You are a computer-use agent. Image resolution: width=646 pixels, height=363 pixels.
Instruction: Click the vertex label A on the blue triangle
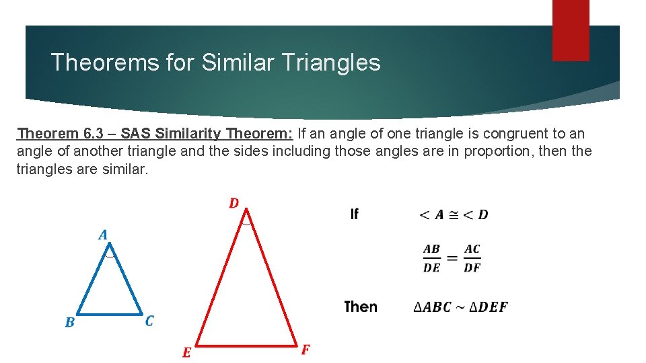coord(103,235)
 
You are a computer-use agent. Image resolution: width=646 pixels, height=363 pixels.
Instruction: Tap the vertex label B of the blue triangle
coord(70,323)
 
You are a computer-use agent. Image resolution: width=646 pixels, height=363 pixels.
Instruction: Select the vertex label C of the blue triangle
coord(149,321)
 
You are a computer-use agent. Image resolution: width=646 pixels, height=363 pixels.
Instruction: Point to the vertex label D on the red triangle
coord(234,203)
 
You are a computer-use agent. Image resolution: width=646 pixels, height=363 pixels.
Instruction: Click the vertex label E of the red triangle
coord(186,353)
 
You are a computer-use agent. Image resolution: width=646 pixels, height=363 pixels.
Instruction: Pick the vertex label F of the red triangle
coord(305,350)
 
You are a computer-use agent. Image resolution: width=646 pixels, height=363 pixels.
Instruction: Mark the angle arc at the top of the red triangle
coord(247,220)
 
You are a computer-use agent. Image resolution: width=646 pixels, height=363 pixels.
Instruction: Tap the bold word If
coord(354,214)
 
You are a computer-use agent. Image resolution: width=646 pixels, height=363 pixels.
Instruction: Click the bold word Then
coord(361,307)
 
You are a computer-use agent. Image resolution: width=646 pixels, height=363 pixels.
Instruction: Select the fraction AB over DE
coord(431,258)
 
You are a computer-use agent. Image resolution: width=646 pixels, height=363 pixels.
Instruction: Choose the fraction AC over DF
coord(472,258)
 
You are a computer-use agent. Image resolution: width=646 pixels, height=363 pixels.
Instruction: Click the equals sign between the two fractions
coord(452,259)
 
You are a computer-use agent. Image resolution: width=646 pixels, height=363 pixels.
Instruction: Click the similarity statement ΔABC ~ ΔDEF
coord(460,307)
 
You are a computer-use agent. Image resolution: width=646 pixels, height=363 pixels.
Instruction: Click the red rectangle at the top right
coord(571,30)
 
